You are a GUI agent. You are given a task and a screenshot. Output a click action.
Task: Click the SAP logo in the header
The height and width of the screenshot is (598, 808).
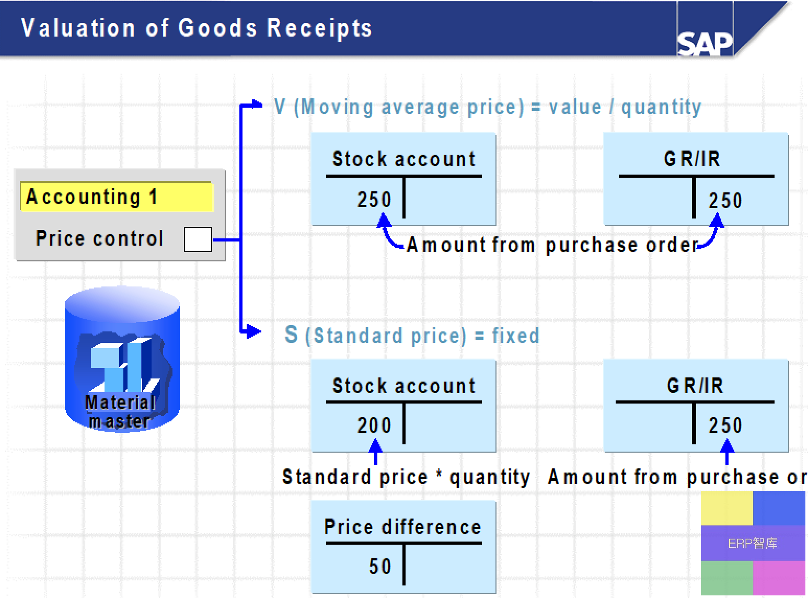(x=705, y=44)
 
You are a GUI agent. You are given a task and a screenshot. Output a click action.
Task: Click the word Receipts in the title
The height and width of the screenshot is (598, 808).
(x=319, y=28)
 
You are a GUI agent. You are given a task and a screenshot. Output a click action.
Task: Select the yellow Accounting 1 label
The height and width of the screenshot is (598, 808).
(x=117, y=197)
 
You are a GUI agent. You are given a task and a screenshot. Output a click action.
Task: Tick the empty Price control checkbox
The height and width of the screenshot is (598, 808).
(x=198, y=239)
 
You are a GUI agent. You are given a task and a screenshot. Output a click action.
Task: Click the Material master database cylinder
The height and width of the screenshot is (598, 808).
(x=122, y=359)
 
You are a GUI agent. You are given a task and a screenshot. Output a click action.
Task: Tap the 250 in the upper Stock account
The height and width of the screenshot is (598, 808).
(x=374, y=200)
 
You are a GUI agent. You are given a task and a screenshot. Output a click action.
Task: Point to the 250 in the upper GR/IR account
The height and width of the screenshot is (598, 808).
(x=725, y=200)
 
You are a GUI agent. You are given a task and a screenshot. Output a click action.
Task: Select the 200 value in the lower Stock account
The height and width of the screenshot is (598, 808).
(x=374, y=425)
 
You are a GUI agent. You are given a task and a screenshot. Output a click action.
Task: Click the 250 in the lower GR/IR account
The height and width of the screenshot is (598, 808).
(x=725, y=425)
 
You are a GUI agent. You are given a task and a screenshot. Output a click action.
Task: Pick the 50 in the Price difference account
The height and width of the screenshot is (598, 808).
(x=380, y=566)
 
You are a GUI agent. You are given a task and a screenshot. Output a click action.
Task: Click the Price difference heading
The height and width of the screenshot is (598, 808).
(x=403, y=527)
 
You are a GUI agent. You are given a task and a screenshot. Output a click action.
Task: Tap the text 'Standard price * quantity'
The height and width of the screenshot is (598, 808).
(x=406, y=477)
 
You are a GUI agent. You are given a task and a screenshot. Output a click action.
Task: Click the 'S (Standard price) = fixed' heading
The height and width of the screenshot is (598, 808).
(x=412, y=335)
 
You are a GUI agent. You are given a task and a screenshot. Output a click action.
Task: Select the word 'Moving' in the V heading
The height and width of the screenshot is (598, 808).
(x=337, y=107)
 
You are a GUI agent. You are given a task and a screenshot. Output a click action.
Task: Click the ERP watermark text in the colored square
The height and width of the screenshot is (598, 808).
(x=753, y=543)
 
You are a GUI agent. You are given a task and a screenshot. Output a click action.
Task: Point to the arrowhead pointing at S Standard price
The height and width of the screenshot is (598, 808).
(x=253, y=331)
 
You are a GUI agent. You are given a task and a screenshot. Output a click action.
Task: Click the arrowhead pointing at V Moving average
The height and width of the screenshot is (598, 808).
(x=257, y=104)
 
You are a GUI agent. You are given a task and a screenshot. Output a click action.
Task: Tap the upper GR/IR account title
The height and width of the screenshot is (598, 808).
(x=692, y=159)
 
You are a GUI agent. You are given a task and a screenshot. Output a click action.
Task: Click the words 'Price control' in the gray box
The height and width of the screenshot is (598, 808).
(x=99, y=238)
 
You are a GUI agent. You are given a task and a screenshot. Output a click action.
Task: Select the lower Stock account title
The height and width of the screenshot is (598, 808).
(x=404, y=386)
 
